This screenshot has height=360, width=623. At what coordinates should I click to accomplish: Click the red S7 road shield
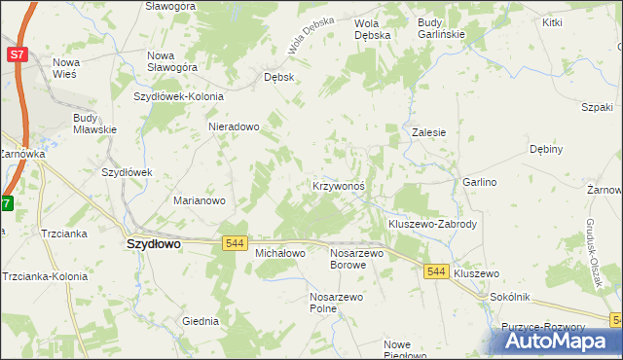[17, 55]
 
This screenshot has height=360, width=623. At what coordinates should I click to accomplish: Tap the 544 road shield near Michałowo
[234, 242]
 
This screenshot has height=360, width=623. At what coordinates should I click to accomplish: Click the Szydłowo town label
[154, 245]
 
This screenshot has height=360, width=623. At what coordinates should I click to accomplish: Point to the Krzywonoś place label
[338, 185]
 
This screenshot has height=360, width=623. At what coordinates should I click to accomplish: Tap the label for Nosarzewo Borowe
[357, 258]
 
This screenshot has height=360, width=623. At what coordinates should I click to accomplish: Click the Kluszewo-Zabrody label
[432, 223]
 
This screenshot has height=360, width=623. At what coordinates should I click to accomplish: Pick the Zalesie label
[428, 132]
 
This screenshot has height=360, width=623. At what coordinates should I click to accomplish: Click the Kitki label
[553, 21]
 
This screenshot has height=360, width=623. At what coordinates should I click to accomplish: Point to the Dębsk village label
[278, 76]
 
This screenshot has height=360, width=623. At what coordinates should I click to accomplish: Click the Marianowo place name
[200, 200]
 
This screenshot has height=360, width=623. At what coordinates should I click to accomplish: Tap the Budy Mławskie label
[94, 124]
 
